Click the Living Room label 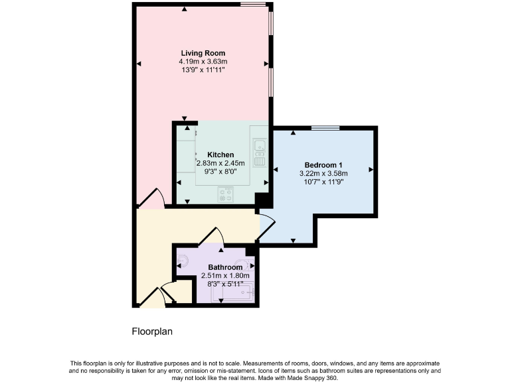[x=203, y=53]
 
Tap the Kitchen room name [x=220, y=155]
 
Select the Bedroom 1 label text [x=323, y=165]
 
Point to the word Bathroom [x=225, y=267]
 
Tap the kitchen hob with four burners [x=226, y=194]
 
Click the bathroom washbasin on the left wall [x=183, y=261]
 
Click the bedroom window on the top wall [x=325, y=127]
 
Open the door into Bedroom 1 [x=265, y=227]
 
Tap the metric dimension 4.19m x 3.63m [x=203, y=61]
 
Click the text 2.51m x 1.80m [x=225, y=275]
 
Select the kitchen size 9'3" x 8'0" [x=220, y=170]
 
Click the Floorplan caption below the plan [x=152, y=331]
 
